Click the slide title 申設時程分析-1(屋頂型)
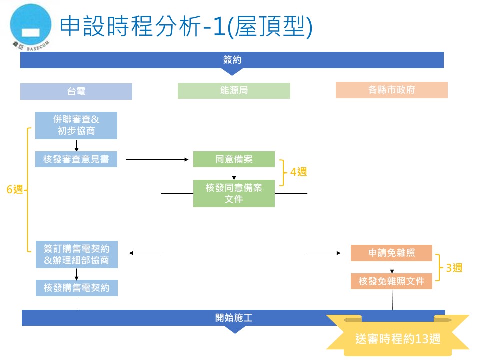pos(186,27)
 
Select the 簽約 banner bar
pos(232,60)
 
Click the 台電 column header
pos(76,91)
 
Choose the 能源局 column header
pos(234,91)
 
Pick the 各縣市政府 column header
pos(391,90)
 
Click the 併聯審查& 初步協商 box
pos(76,125)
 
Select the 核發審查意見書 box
pos(76,159)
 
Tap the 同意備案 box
pos(234,159)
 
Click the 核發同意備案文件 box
pos(234,193)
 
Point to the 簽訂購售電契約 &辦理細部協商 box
pos(76,254)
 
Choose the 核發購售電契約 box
pos(76,288)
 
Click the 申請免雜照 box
pos(391,253)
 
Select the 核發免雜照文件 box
pos(391,281)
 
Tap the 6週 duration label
pos(15,190)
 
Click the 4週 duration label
pos(298,172)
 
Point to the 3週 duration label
pos(454,268)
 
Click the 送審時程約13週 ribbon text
pos(398,338)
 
